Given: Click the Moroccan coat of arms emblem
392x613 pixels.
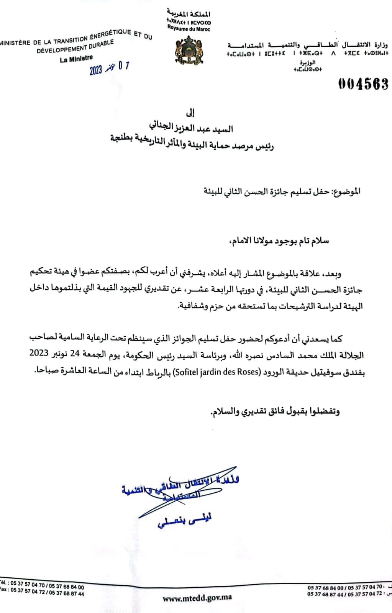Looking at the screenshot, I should (188, 50).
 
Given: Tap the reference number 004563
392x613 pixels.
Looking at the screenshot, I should (363, 84).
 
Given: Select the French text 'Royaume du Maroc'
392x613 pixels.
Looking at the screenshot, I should (189, 29).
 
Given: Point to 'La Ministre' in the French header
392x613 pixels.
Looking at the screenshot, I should (76, 59).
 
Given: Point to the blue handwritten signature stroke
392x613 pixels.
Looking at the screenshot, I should (180, 494).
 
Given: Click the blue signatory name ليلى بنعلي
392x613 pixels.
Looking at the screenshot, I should (185, 521).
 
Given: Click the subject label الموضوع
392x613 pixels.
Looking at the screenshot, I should (347, 191).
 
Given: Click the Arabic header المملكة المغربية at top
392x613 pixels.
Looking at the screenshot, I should (189, 14).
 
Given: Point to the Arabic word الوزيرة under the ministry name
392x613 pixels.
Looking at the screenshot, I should (308, 62).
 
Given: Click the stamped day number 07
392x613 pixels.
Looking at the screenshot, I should (123, 66).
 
